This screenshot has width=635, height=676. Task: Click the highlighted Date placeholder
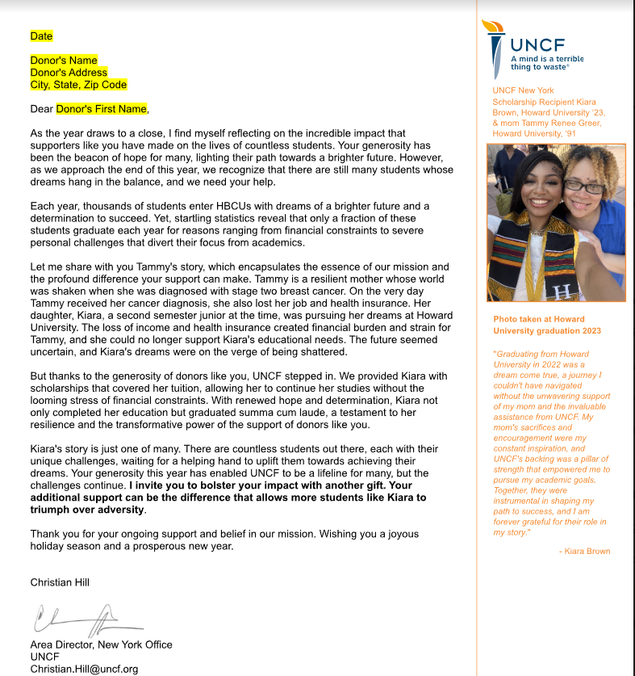tap(41, 36)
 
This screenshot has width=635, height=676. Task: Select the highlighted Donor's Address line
tap(69, 73)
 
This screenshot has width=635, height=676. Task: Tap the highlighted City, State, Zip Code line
tap(78, 85)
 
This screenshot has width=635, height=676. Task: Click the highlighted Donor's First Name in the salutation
tap(102, 109)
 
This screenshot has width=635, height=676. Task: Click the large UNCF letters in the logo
tap(537, 44)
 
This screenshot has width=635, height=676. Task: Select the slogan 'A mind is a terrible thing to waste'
tap(546, 63)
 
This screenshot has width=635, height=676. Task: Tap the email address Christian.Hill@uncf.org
tap(84, 669)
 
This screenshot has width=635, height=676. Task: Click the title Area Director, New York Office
tap(101, 645)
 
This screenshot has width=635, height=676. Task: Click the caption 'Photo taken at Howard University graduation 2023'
tap(547, 325)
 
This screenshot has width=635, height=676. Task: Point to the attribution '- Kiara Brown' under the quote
tap(584, 551)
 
